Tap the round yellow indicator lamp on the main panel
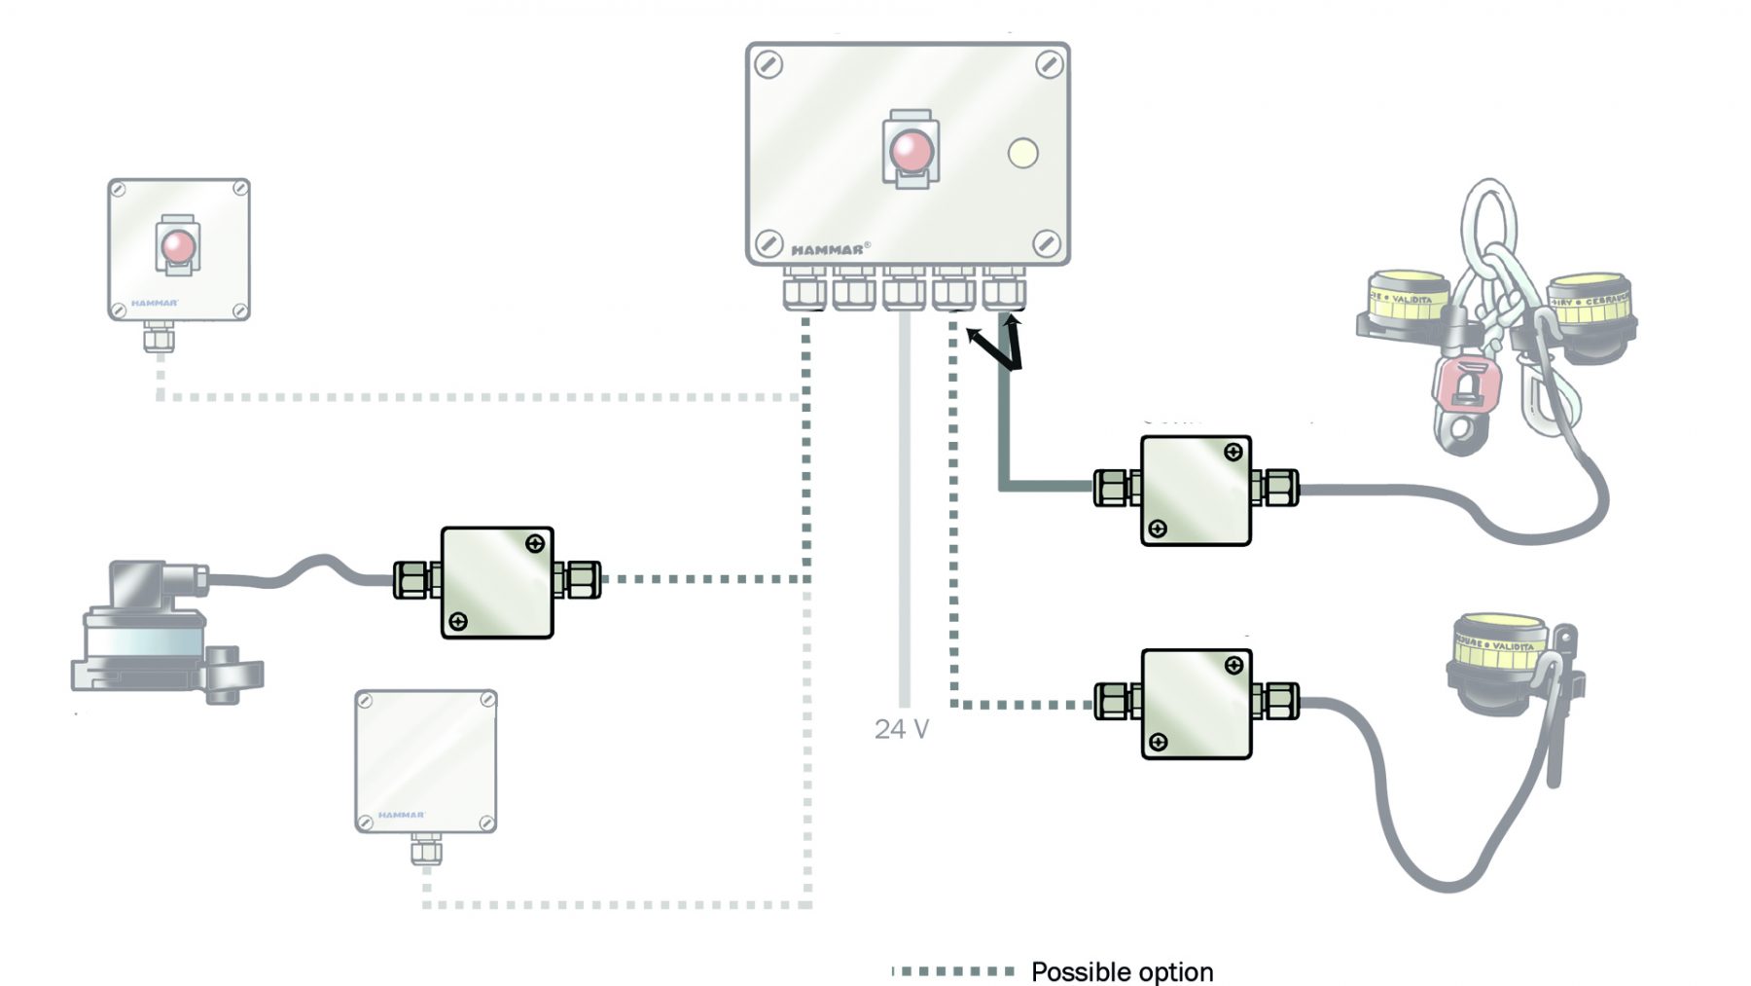pyautogui.click(x=1022, y=153)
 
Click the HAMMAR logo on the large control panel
pyautogui.click(x=827, y=250)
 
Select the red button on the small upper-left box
pyautogui.click(x=178, y=245)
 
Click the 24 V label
pyautogui.click(x=901, y=729)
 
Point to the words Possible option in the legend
pyautogui.click(x=1122, y=971)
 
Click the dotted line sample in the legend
pyautogui.click(x=953, y=971)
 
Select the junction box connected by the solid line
pyautogui.click(x=1196, y=491)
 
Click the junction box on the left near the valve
pyautogui.click(x=496, y=582)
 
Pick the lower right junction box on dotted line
pyautogui.click(x=1196, y=704)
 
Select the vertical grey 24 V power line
pyautogui.click(x=904, y=506)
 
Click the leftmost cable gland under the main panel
pyautogui.click(x=804, y=289)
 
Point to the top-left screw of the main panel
pyautogui.click(x=768, y=65)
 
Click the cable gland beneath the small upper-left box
pyautogui.click(x=159, y=338)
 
